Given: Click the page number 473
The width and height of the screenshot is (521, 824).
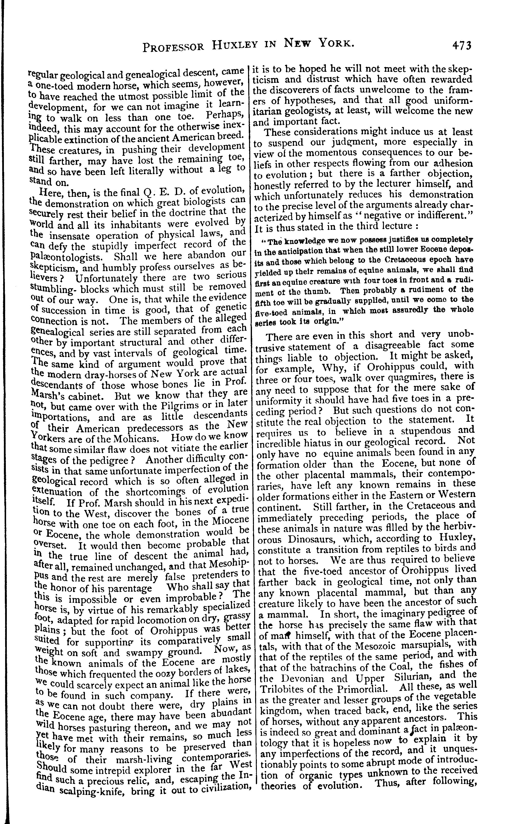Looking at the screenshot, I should coord(461,45).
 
